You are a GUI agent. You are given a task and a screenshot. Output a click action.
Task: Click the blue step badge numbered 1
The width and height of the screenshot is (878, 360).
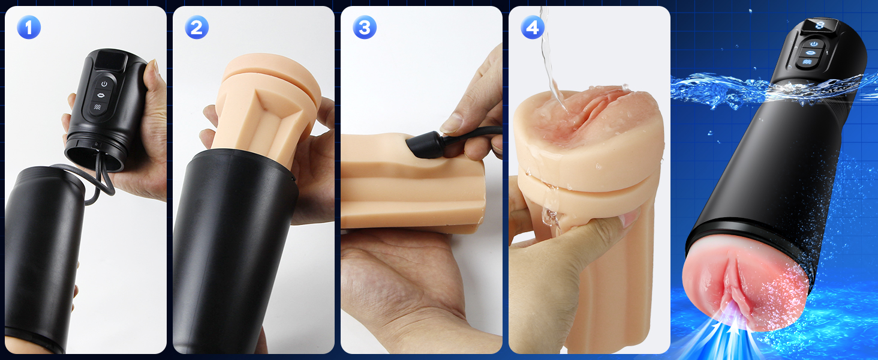29,28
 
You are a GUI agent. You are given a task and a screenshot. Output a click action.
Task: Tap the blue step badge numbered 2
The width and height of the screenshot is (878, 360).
196,28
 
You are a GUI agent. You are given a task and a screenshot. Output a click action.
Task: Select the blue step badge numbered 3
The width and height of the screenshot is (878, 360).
365,28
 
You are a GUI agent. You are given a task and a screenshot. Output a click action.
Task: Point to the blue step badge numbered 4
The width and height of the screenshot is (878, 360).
533,28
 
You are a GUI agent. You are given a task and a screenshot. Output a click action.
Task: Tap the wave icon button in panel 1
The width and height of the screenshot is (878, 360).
98,107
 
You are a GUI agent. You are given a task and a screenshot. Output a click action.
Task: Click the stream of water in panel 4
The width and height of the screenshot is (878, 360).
551,59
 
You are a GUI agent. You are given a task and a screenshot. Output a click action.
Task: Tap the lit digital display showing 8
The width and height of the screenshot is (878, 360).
820,25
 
